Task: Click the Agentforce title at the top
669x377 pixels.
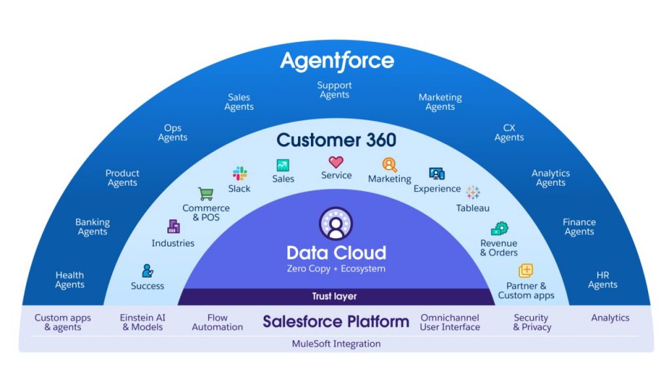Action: pos(336,61)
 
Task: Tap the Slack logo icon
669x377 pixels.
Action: pos(240,173)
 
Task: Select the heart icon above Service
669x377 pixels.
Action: pos(336,162)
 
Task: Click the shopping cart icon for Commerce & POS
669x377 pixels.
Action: pos(206,194)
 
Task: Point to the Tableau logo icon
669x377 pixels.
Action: pos(472,192)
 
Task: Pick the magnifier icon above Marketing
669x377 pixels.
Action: pos(389,165)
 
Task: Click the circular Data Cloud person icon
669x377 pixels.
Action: pos(336,224)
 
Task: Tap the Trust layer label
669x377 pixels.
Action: pos(334,296)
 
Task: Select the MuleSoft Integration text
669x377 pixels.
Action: pos(336,344)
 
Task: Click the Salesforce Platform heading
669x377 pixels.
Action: pos(336,321)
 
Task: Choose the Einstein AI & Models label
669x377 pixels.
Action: pos(142,322)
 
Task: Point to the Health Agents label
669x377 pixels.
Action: pos(69,280)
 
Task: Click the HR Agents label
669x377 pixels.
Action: pos(602,280)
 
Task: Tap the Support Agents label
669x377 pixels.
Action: pos(334,90)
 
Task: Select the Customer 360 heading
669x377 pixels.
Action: pos(336,139)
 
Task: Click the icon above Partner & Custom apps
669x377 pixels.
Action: pos(526,270)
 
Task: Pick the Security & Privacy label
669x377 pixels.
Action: pos(531,322)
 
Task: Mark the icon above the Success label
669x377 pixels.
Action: pos(148,270)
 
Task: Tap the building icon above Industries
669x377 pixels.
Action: pos(173,227)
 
